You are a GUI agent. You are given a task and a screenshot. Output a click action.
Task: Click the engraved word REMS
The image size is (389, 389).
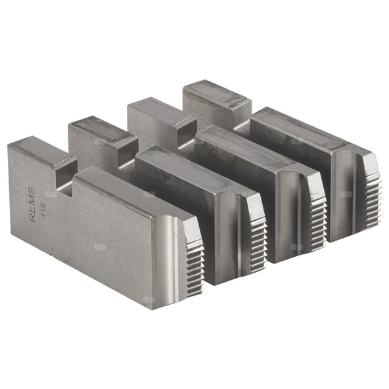coord(32,204)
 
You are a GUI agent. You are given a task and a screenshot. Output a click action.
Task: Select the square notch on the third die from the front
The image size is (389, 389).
coord(187,135)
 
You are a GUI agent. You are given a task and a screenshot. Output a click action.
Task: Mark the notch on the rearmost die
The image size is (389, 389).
coord(242,118)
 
